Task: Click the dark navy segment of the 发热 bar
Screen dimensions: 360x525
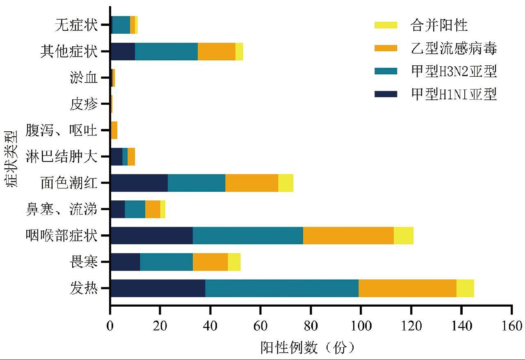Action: pyautogui.click(x=158, y=288)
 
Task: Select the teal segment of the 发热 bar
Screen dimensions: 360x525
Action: pyautogui.click(x=282, y=288)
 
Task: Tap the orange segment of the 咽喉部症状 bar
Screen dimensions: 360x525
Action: pyautogui.click(x=348, y=236)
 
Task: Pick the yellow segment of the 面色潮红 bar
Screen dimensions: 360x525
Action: pyautogui.click(x=285, y=183)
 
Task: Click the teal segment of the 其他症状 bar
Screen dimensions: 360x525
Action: pyautogui.click(x=166, y=51)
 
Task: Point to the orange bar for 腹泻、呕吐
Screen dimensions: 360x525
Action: pyautogui.click(x=114, y=130)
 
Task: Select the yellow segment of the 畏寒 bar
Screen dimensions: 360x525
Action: pyautogui.click(x=234, y=262)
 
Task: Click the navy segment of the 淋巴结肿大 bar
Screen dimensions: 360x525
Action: pyautogui.click(x=116, y=156)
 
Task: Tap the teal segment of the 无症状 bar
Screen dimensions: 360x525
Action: pyautogui.click(x=121, y=25)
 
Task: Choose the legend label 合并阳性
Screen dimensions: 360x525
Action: pyautogui.click(x=439, y=25)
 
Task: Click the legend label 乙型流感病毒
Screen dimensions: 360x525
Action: pyautogui.click(x=454, y=49)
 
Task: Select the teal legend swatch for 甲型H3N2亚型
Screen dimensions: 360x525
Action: pyautogui.click(x=386, y=71)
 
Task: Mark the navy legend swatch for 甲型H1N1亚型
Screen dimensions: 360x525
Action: pyautogui.click(x=386, y=94)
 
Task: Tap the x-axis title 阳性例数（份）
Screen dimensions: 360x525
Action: pyautogui.click(x=308, y=348)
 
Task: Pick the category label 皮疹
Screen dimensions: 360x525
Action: pyautogui.click(x=84, y=104)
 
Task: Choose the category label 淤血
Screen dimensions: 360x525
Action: pyautogui.click(x=84, y=78)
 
